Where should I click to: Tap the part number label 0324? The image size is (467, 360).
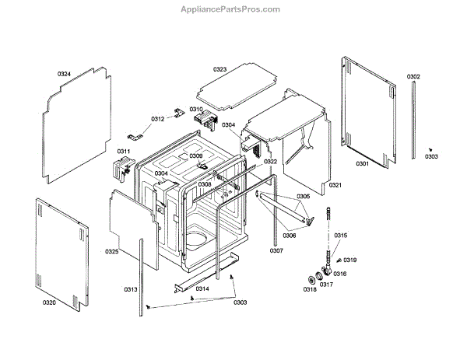64,74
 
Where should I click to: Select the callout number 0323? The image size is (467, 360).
220,70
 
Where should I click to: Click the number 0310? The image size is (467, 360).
196,110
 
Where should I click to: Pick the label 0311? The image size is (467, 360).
124,151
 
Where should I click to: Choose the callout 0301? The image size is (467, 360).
362,164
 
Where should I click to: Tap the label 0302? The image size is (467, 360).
413,76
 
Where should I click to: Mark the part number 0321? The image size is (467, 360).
335,185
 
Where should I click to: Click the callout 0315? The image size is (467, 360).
341,236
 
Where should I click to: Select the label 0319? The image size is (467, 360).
350,260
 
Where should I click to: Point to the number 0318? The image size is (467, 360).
310,289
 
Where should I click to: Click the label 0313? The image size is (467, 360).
130,289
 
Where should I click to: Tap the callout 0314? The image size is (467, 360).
202,288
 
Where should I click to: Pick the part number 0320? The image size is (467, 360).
49,302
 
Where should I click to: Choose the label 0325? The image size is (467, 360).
112,252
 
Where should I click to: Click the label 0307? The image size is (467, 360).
276,250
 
